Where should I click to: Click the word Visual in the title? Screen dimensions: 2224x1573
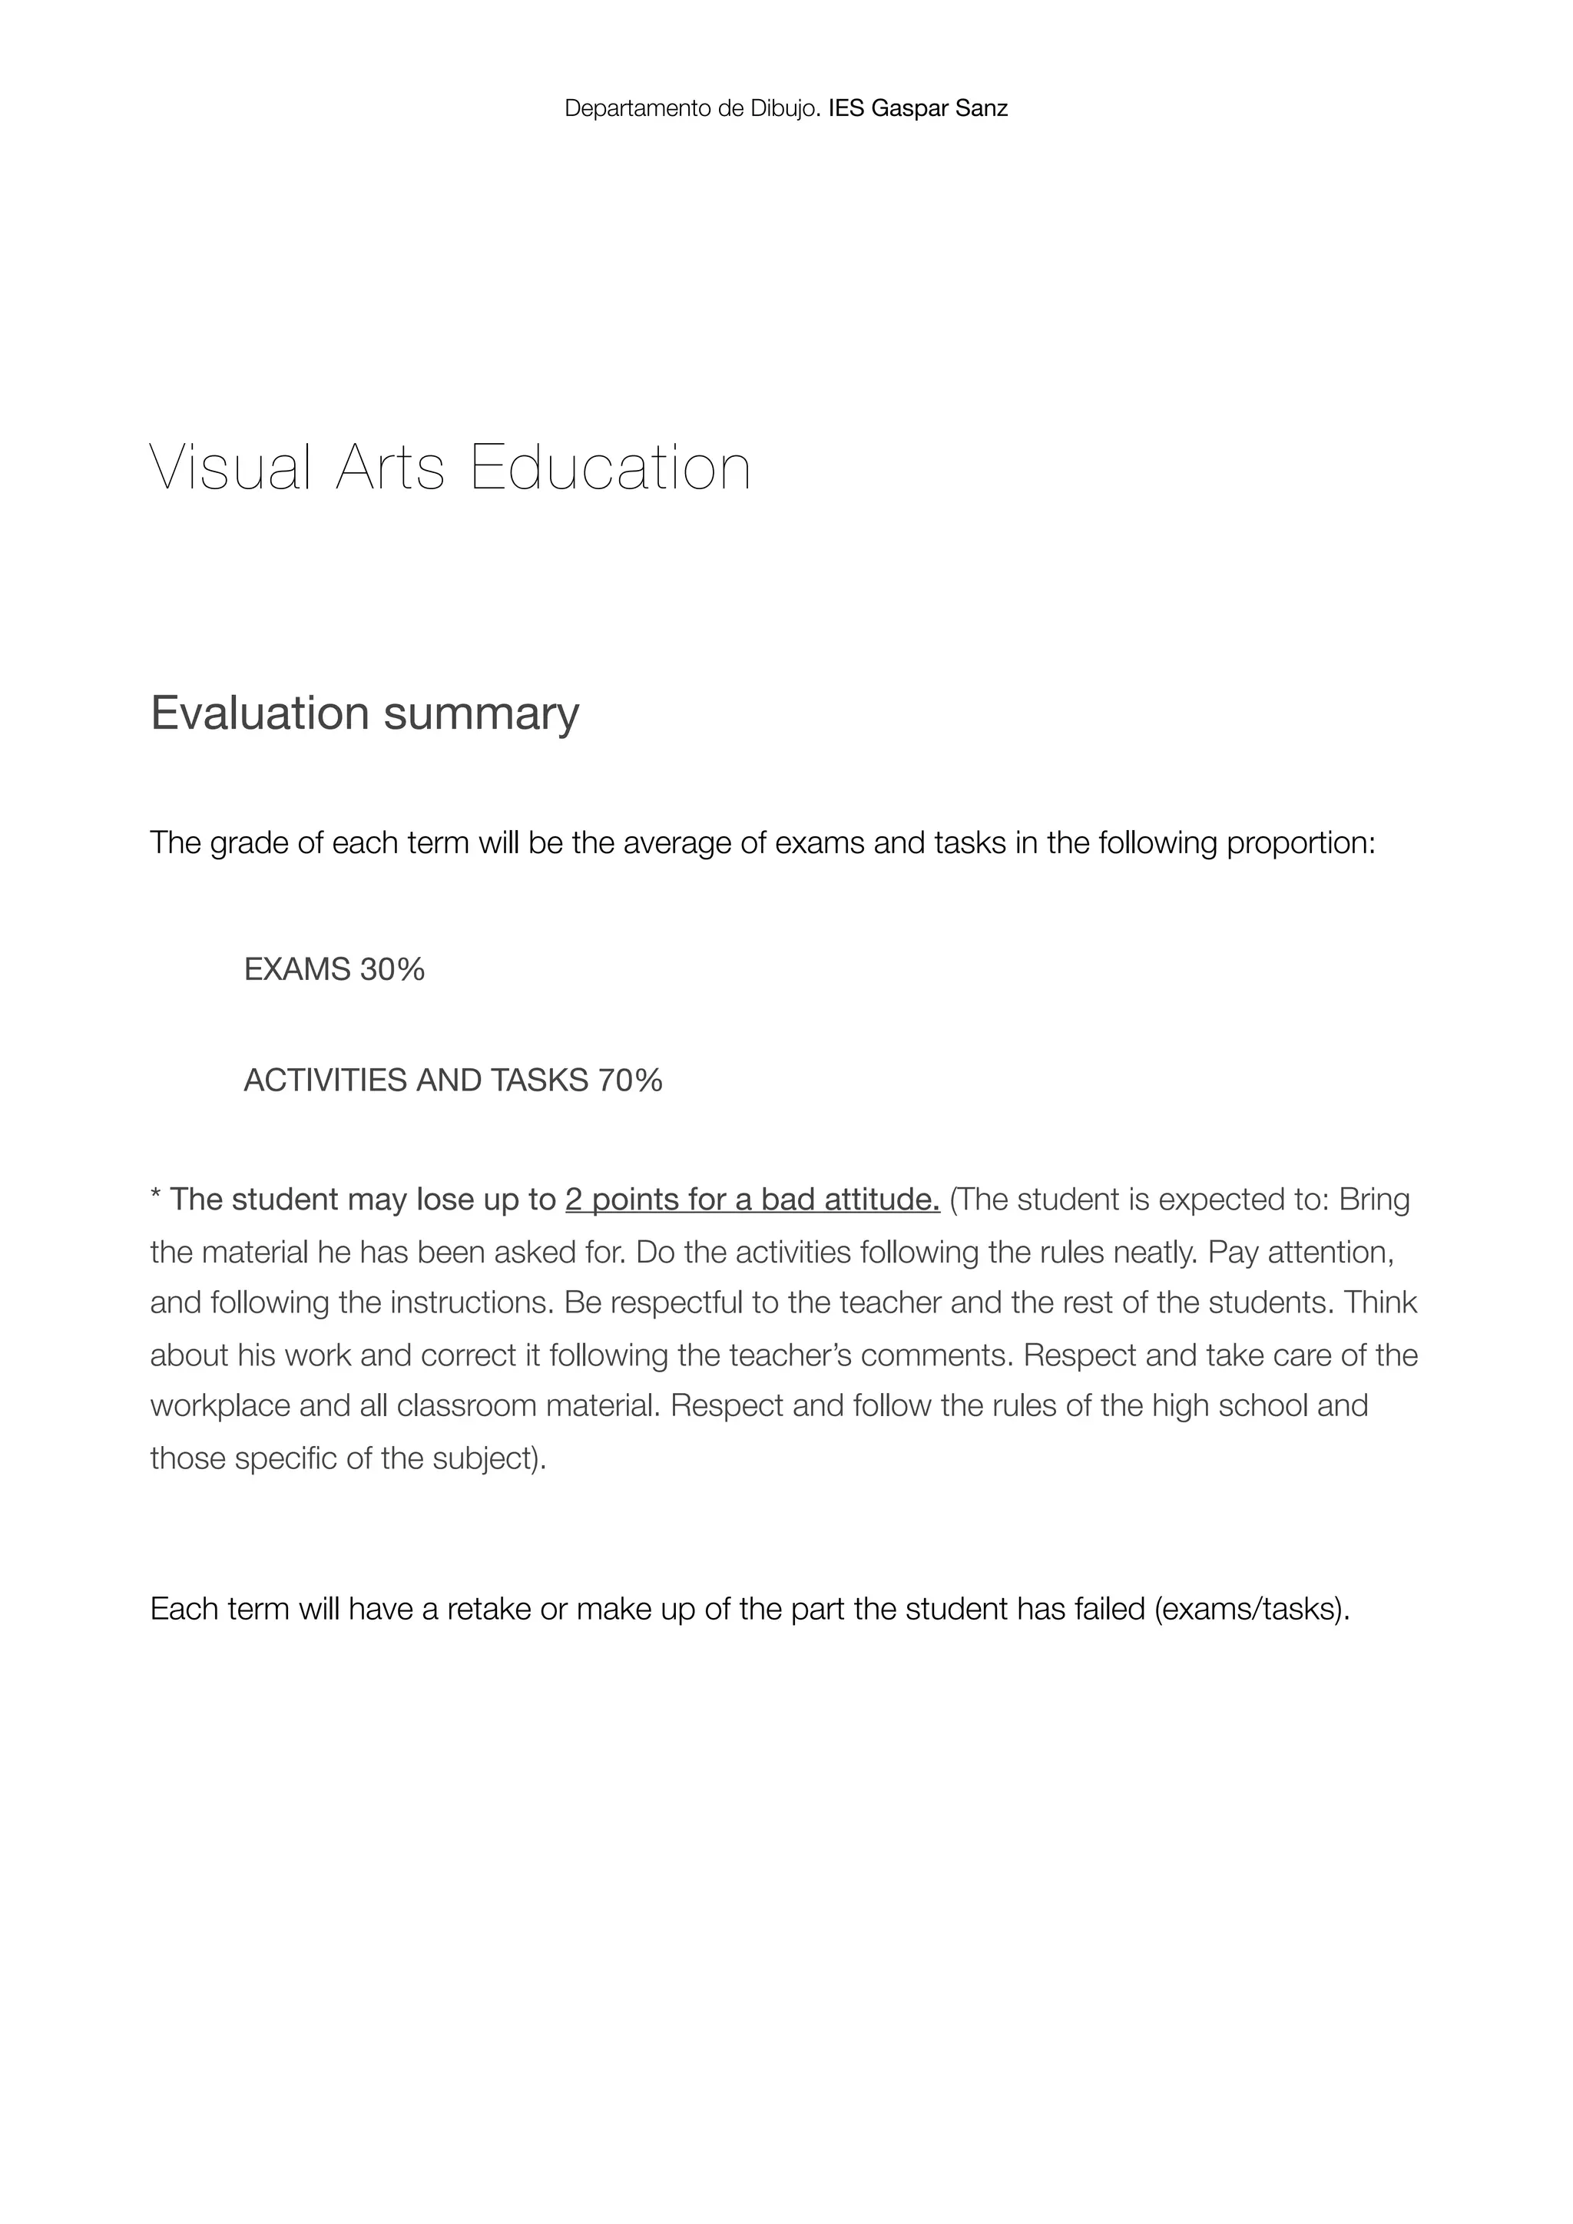point(231,468)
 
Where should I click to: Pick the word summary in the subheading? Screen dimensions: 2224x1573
point(482,715)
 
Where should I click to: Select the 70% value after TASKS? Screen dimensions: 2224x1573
point(630,1080)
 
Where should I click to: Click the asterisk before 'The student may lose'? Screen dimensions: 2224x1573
point(155,1197)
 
